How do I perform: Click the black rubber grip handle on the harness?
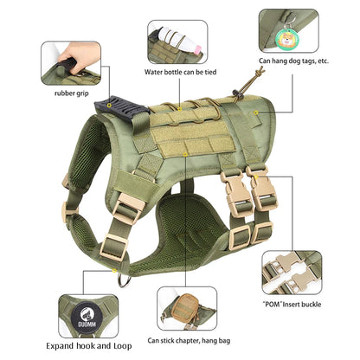pos(122,109)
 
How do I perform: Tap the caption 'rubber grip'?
pos(72,93)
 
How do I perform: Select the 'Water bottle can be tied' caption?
pos(180,72)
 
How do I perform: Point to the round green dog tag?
pos(288,38)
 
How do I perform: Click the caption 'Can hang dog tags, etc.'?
pos(293,61)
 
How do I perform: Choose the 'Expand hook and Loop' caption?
pos(89,346)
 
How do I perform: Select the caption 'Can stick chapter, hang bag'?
pos(189,341)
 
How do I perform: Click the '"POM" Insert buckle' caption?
pos(292,305)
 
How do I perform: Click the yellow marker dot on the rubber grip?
pos(109,106)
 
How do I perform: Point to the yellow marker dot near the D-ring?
pos(114,270)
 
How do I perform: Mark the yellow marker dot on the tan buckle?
pos(256,177)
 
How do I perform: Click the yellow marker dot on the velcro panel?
pos(185,155)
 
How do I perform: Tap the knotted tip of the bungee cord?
pos(260,69)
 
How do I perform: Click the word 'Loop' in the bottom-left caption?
pos(123,346)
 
